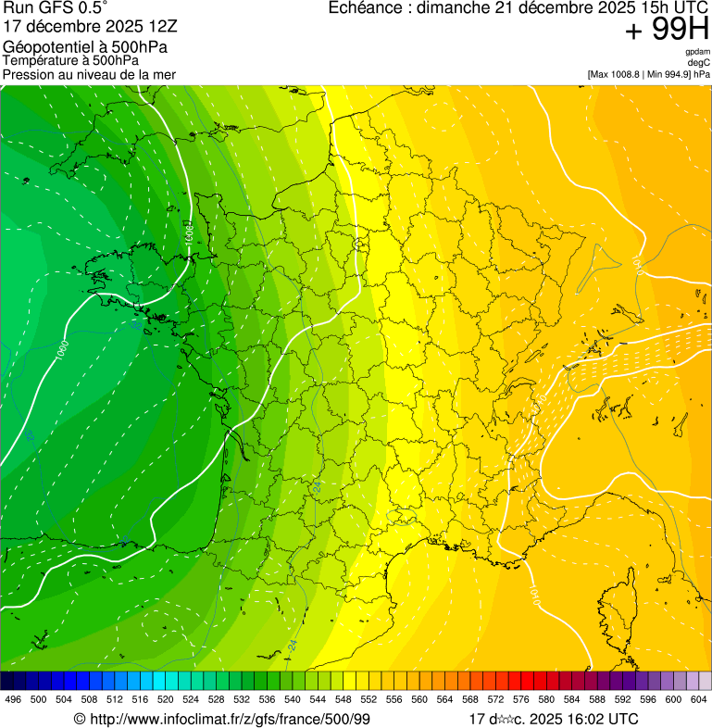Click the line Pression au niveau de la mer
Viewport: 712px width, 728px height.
(89, 74)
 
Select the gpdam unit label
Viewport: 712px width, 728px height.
(698, 52)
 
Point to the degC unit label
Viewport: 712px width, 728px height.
(700, 62)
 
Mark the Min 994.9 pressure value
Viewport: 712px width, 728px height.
(670, 73)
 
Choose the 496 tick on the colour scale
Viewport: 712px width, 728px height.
(13, 700)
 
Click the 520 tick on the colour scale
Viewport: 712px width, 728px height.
(166, 700)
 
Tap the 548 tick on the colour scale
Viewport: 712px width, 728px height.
(344, 700)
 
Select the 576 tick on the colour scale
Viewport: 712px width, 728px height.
(521, 700)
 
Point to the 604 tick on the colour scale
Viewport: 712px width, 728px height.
(699, 700)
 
